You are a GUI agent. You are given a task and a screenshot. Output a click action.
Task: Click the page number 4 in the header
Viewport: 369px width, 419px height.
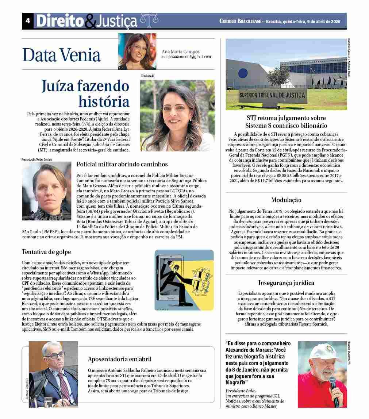coord(27,21)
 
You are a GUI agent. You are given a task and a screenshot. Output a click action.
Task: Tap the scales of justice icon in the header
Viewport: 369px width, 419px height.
coord(147,21)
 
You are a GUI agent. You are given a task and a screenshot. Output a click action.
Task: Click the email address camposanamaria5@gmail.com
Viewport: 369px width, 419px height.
coord(186,57)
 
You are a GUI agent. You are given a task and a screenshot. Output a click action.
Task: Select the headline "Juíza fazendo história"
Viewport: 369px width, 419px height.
coord(85,93)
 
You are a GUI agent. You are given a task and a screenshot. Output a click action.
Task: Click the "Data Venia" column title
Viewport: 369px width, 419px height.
coord(61,55)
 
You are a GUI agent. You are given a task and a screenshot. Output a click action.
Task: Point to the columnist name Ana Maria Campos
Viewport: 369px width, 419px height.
coord(181,51)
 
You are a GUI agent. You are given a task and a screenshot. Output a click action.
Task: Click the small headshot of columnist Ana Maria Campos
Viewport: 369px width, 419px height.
coord(137,51)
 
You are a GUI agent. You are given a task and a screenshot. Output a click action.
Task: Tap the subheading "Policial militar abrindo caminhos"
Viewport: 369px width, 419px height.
coord(122,164)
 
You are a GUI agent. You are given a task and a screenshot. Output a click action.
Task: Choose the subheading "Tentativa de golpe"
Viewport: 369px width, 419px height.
coord(46,252)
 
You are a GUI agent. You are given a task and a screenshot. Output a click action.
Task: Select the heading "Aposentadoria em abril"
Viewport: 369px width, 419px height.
coord(120,359)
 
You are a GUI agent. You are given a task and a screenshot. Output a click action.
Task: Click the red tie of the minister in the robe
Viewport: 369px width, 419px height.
coord(64,387)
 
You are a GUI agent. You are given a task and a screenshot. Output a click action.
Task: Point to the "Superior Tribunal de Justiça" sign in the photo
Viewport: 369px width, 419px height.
coord(272,96)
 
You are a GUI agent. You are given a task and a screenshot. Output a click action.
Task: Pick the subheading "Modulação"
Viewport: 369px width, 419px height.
coord(286,200)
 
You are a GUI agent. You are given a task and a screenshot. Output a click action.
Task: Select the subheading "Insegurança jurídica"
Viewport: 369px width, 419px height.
coord(286,283)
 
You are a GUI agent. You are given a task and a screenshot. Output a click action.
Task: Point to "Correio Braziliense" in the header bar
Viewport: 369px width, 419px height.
coord(241,21)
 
